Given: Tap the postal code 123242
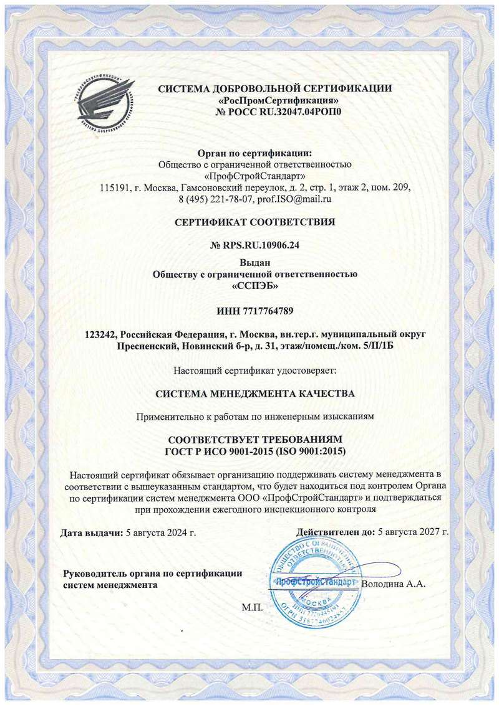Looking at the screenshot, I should tap(102, 334).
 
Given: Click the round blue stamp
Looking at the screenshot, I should tap(315, 582).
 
